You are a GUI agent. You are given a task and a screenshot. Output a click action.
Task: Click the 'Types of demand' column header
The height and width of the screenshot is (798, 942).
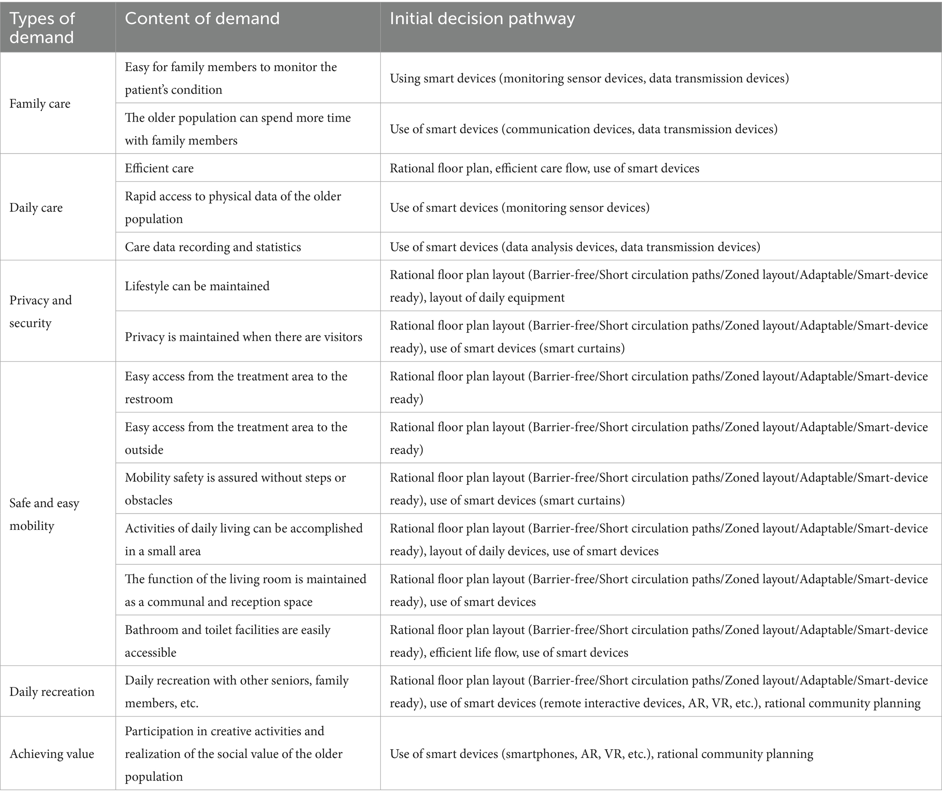[x=42, y=28]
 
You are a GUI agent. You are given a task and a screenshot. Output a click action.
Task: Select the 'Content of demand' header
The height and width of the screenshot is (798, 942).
[x=202, y=19]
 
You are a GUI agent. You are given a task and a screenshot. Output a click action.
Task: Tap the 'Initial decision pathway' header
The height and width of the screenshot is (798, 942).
[x=482, y=19]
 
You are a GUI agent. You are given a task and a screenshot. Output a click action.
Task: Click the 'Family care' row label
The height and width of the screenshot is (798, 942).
[x=40, y=104]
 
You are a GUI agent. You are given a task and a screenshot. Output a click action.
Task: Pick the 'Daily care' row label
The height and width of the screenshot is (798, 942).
[x=36, y=208]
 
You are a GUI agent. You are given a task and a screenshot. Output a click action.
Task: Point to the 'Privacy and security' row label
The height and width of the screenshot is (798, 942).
[x=41, y=311]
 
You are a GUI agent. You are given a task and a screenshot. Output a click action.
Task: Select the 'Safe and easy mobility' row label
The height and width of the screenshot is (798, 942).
[x=44, y=514]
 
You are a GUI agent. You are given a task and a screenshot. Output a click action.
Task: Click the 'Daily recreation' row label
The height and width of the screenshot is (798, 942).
[x=52, y=691]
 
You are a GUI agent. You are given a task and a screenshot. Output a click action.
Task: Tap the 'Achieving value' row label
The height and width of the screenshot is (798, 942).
[x=52, y=754]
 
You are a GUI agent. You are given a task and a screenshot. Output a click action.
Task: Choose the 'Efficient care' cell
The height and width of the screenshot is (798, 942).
[x=159, y=168]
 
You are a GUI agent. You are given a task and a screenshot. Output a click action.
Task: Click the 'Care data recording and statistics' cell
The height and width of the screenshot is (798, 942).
[x=213, y=247]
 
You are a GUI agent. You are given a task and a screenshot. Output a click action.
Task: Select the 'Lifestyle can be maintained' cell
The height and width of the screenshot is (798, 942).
[x=197, y=286]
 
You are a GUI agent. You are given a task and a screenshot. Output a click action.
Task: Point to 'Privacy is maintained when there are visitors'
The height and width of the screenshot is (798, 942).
[x=243, y=337]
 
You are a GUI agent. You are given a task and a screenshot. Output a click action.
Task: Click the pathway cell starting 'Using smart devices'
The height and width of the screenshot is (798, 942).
[x=589, y=78]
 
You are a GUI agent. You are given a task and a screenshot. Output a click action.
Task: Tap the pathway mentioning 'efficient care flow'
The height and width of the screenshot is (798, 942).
[x=544, y=168]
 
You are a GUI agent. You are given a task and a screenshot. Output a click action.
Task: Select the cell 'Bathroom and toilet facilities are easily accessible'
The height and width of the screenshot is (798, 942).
[x=227, y=641]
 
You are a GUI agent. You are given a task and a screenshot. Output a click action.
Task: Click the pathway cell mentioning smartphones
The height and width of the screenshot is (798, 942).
[x=601, y=754]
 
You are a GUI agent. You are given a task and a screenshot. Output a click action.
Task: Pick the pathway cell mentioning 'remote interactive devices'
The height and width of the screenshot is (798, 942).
[x=658, y=691]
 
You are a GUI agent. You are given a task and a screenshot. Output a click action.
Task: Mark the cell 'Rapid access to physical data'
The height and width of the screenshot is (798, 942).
[x=233, y=208]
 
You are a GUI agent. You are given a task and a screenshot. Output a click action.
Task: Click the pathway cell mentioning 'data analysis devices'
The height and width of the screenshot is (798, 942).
[x=575, y=247]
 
